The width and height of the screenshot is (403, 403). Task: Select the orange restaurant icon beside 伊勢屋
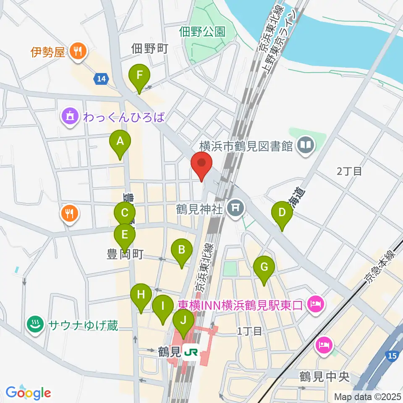pyautogui.click(x=77, y=52)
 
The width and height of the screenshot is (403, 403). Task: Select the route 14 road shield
pyautogui.click(x=101, y=79)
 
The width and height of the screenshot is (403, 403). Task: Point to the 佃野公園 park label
pyautogui.click(x=202, y=31)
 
